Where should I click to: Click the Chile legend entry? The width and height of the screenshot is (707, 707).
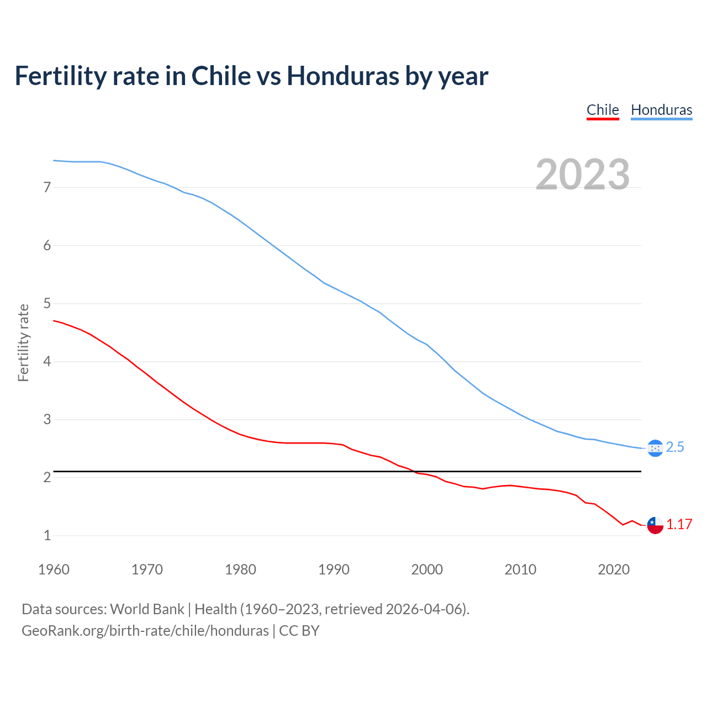tap(603, 110)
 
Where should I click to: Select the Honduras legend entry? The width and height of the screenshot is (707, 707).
tap(661, 110)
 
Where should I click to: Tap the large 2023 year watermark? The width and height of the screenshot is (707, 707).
tap(583, 175)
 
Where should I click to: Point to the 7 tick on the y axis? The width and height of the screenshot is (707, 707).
tap(47, 188)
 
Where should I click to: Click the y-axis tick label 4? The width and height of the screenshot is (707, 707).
tap(47, 362)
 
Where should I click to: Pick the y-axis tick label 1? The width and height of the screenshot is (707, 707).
tap(47, 535)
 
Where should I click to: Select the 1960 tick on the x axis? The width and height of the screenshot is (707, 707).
tap(54, 569)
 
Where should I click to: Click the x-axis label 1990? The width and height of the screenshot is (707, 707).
tap(334, 569)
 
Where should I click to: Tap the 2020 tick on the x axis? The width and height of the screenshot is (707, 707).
tap(614, 569)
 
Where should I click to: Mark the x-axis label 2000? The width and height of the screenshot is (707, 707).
tap(427, 569)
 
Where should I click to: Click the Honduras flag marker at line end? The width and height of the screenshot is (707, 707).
tap(655, 448)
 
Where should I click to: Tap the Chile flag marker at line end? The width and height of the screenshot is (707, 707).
tap(655, 525)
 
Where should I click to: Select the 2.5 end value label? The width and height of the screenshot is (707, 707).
tap(675, 447)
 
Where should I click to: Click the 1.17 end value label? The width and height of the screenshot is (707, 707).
tap(679, 525)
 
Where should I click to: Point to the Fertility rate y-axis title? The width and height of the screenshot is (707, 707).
tap(23, 342)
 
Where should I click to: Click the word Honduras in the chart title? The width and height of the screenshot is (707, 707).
tap(342, 76)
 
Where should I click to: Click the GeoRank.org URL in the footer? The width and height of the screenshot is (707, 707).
tap(145, 631)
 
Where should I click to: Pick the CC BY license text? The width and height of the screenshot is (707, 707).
tap(299, 631)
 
